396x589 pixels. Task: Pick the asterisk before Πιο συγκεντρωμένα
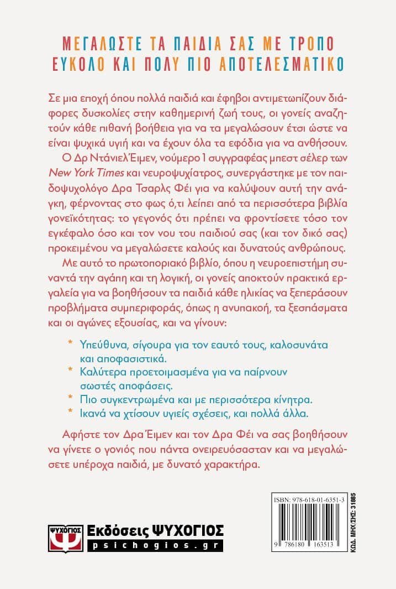(x=70, y=397)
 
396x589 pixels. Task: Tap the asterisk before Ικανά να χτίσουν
(x=70, y=411)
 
